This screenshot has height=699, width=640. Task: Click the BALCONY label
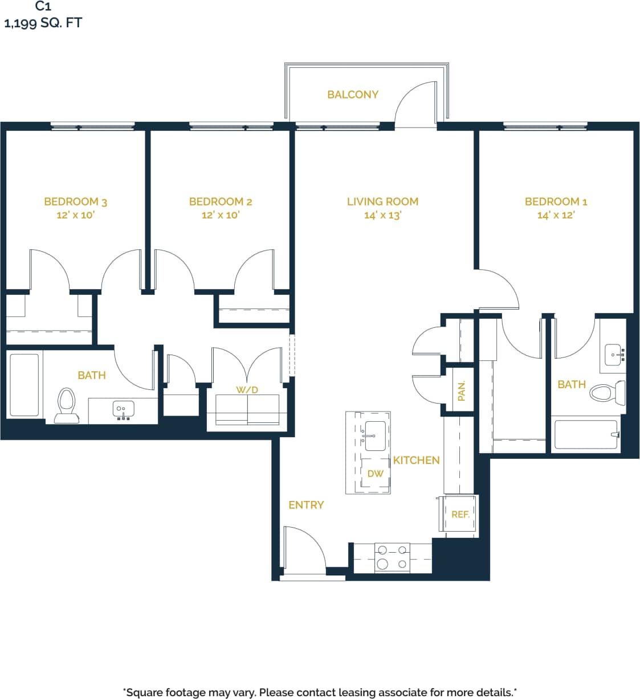(x=352, y=94)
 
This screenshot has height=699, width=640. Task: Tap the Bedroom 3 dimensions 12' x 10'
(x=75, y=215)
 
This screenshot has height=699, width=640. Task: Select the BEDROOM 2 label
(x=221, y=202)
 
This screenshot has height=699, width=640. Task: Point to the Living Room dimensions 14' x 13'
(x=382, y=215)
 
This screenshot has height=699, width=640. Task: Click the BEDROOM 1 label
(x=556, y=202)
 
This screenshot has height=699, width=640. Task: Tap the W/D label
(x=247, y=390)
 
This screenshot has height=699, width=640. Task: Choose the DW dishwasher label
(x=375, y=474)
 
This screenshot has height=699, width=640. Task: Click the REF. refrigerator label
(x=460, y=514)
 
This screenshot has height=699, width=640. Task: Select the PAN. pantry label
(x=462, y=391)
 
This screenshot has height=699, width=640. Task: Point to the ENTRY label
(x=306, y=505)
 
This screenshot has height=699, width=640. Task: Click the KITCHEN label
(x=416, y=460)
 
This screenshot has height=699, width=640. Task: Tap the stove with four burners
(x=392, y=557)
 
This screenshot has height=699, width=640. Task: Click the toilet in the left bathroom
(x=66, y=405)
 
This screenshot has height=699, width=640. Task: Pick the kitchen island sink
(x=376, y=435)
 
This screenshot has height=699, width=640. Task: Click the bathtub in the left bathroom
(x=25, y=385)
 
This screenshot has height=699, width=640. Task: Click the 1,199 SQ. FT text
(x=43, y=23)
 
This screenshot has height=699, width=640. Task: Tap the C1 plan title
(x=43, y=6)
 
